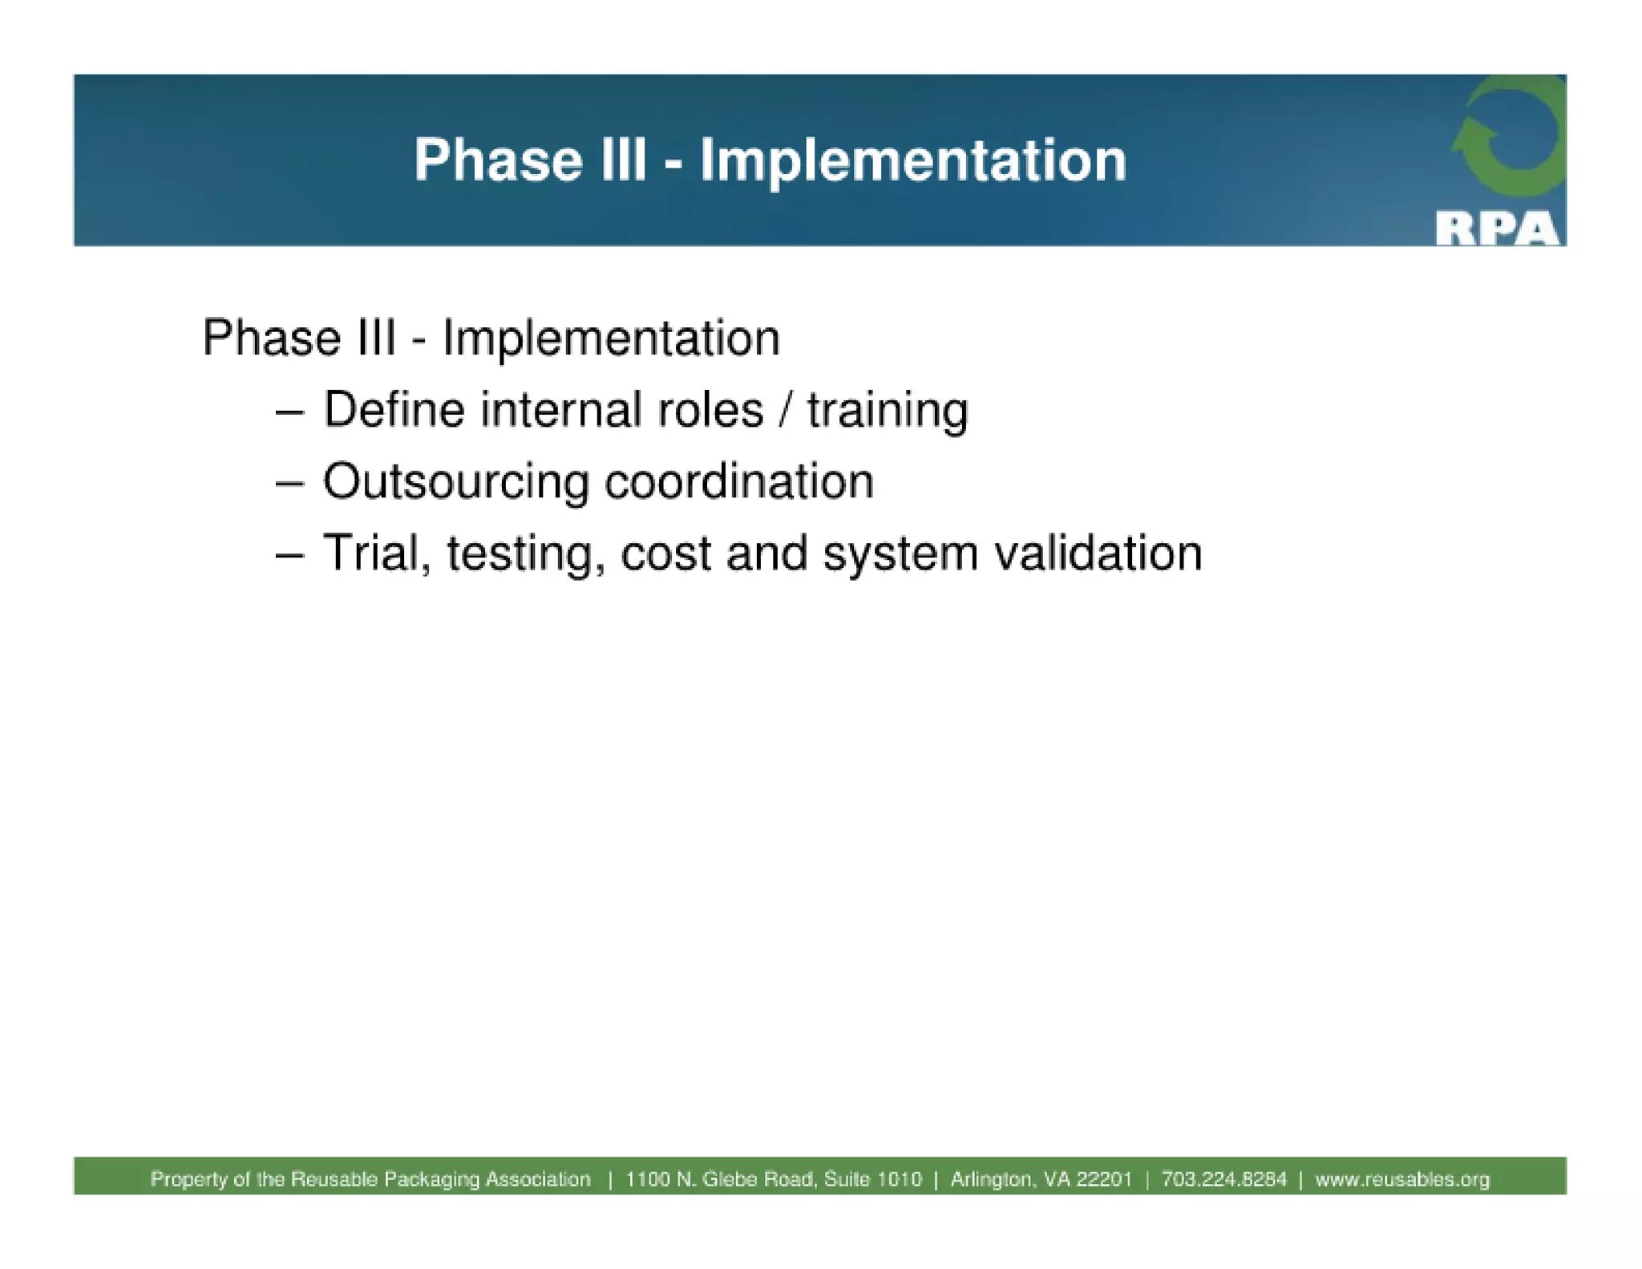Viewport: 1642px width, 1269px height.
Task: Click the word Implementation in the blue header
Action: point(913,160)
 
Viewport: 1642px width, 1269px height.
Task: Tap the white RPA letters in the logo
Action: point(1496,229)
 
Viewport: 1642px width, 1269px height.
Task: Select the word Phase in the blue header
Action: point(498,160)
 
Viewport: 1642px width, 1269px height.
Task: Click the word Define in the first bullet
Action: point(394,410)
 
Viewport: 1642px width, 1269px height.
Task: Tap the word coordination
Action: point(738,482)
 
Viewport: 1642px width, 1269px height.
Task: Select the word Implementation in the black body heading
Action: point(611,338)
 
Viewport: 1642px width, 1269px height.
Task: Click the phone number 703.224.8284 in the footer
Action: point(1223,1179)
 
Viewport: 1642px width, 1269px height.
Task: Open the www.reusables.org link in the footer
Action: point(1402,1179)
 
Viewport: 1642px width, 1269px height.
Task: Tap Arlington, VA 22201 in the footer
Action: point(1041,1179)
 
